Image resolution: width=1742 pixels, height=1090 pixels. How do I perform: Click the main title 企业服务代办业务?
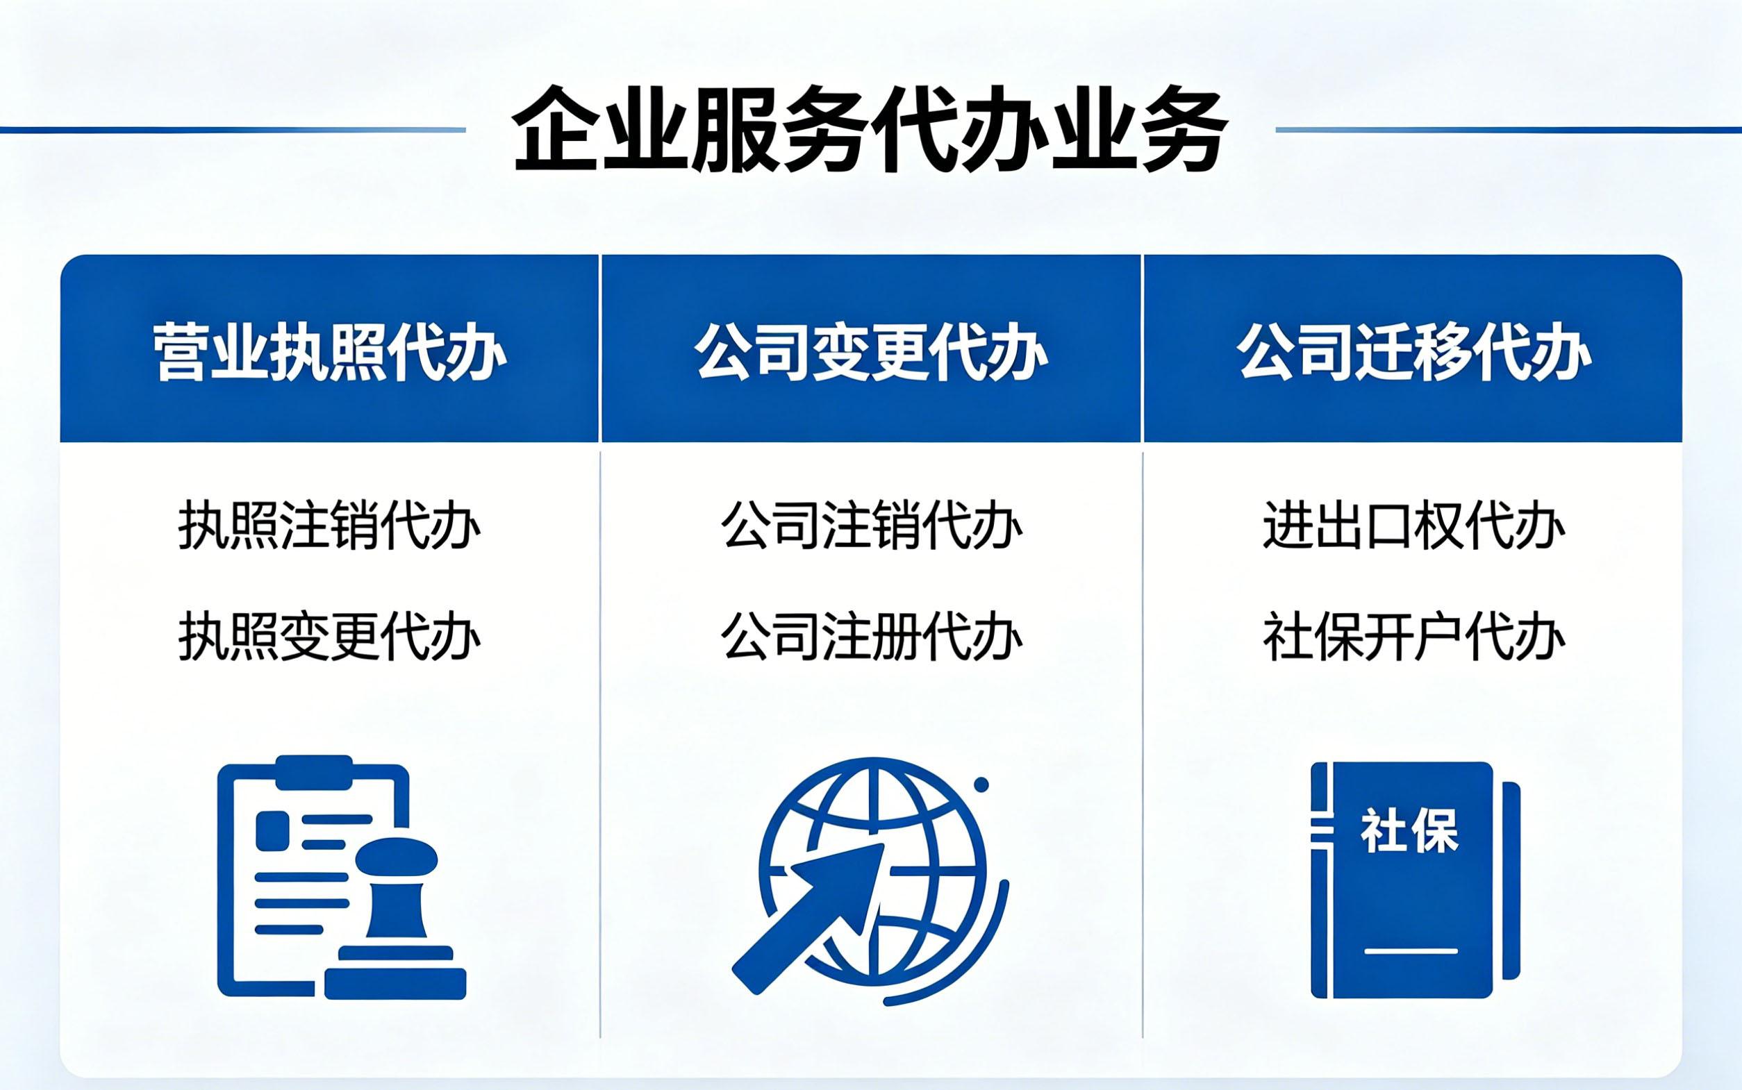(870, 131)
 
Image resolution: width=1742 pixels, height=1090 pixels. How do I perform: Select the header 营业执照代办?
(329, 353)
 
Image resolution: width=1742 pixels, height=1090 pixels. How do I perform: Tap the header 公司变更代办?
(871, 353)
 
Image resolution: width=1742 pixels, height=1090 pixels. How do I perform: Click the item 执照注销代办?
(329, 526)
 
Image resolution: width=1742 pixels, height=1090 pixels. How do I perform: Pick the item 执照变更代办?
(329, 636)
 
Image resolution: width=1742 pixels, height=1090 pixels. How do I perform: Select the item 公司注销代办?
(872, 526)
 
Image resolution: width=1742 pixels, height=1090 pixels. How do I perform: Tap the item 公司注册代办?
(872, 636)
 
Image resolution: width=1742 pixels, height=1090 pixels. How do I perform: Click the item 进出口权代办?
(1414, 526)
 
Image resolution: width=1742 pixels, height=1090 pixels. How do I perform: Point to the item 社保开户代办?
(1414, 636)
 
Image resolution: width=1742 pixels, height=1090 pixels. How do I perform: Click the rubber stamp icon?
(395, 919)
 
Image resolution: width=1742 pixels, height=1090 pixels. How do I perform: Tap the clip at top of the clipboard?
(315, 772)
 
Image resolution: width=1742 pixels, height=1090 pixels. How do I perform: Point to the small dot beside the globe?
(981, 785)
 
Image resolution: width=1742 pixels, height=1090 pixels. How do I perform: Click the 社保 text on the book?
(1409, 832)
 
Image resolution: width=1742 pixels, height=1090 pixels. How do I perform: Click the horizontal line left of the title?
(233, 131)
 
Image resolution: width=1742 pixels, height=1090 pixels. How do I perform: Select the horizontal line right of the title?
(1509, 131)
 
